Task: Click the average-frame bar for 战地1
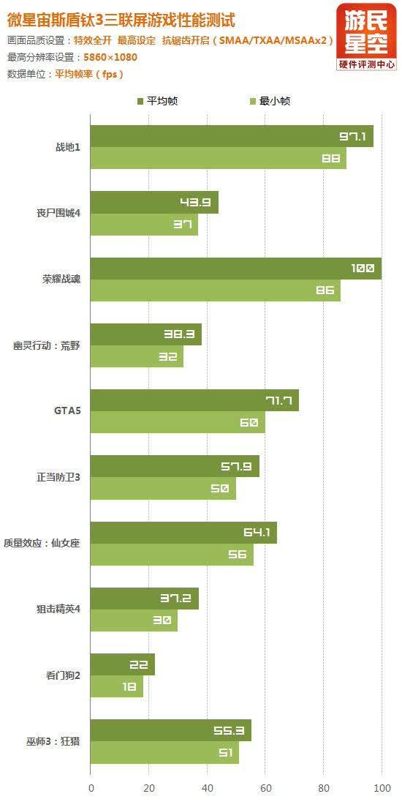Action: point(232,136)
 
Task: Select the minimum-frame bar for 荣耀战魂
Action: point(215,290)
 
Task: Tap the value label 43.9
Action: point(195,203)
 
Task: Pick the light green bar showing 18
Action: point(117,686)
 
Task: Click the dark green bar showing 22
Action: point(122,664)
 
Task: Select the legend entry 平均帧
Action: point(158,101)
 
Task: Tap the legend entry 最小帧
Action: point(270,101)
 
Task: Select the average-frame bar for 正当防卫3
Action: point(175,466)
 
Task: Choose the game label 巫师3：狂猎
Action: point(53,741)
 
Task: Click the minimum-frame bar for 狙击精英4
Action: point(134,620)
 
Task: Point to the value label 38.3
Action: point(179,334)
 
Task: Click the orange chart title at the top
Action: point(121,20)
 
